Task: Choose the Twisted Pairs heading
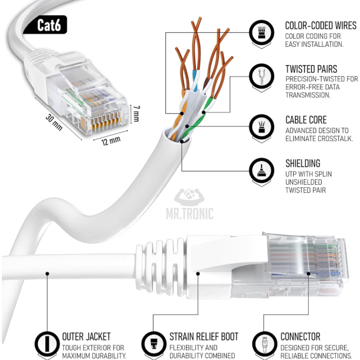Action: point(311,69)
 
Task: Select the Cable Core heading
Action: point(306,120)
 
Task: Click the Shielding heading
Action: point(302,164)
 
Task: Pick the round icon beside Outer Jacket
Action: point(46,342)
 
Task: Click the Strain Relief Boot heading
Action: point(204,336)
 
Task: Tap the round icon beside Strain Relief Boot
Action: point(153,342)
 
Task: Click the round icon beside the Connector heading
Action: point(264,342)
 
